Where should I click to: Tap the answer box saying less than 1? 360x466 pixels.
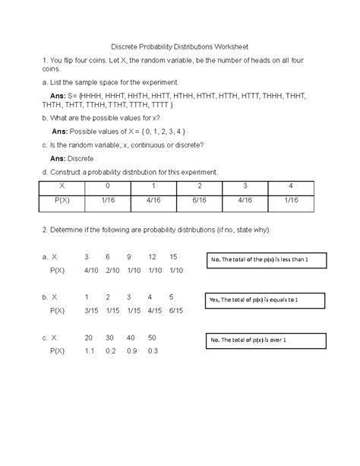click(265, 261)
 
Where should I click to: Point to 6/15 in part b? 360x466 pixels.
click(176, 310)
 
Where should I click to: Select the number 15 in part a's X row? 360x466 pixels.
click(174, 257)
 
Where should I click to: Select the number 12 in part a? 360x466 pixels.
click(153, 257)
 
